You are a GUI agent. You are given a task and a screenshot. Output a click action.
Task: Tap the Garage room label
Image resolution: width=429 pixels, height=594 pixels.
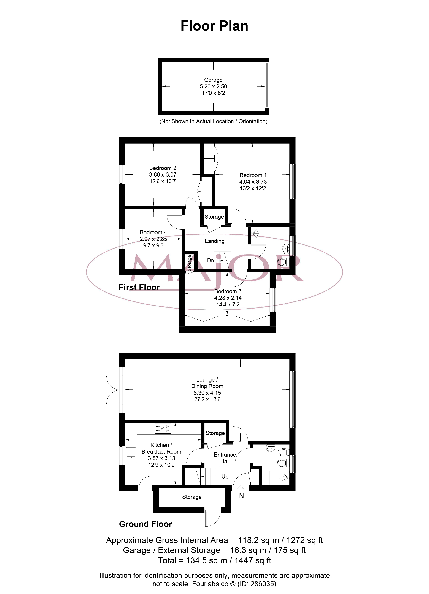tap(213, 80)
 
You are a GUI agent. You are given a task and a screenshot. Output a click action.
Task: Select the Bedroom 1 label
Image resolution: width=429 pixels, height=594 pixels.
tap(253, 175)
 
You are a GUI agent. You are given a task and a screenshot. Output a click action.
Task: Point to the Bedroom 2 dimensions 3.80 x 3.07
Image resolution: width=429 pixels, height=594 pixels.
tap(163, 175)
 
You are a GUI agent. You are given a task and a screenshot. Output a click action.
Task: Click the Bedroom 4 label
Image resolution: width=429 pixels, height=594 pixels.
tap(153, 232)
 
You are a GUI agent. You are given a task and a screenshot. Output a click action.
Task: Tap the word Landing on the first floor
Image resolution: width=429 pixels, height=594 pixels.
tap(214, 241)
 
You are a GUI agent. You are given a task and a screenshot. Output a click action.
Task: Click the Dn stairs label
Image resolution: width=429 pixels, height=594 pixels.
tap(210, 260)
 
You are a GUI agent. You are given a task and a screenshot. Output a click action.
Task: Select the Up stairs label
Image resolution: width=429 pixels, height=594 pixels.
tap(225, 477)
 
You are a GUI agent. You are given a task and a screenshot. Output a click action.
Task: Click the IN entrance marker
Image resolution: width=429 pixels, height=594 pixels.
tap(240, 496)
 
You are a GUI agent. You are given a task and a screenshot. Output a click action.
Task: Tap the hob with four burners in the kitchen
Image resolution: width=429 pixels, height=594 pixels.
tap(163, 428)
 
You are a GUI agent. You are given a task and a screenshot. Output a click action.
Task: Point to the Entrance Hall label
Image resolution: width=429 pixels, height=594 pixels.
tap(225, 458)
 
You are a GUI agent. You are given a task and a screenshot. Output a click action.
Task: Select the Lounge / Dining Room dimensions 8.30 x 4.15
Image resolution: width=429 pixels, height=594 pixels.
tap(207, 393)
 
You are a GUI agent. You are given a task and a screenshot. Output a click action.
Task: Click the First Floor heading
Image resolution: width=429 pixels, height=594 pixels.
tap(139, 287)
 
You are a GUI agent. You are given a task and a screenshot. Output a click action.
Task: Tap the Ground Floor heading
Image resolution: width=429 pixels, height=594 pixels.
tap(145, 524)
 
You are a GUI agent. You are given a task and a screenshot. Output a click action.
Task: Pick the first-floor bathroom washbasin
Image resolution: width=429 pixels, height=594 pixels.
tap(285, 248)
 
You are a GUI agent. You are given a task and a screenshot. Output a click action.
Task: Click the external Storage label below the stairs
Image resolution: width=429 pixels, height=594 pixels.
tap(192, 497)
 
